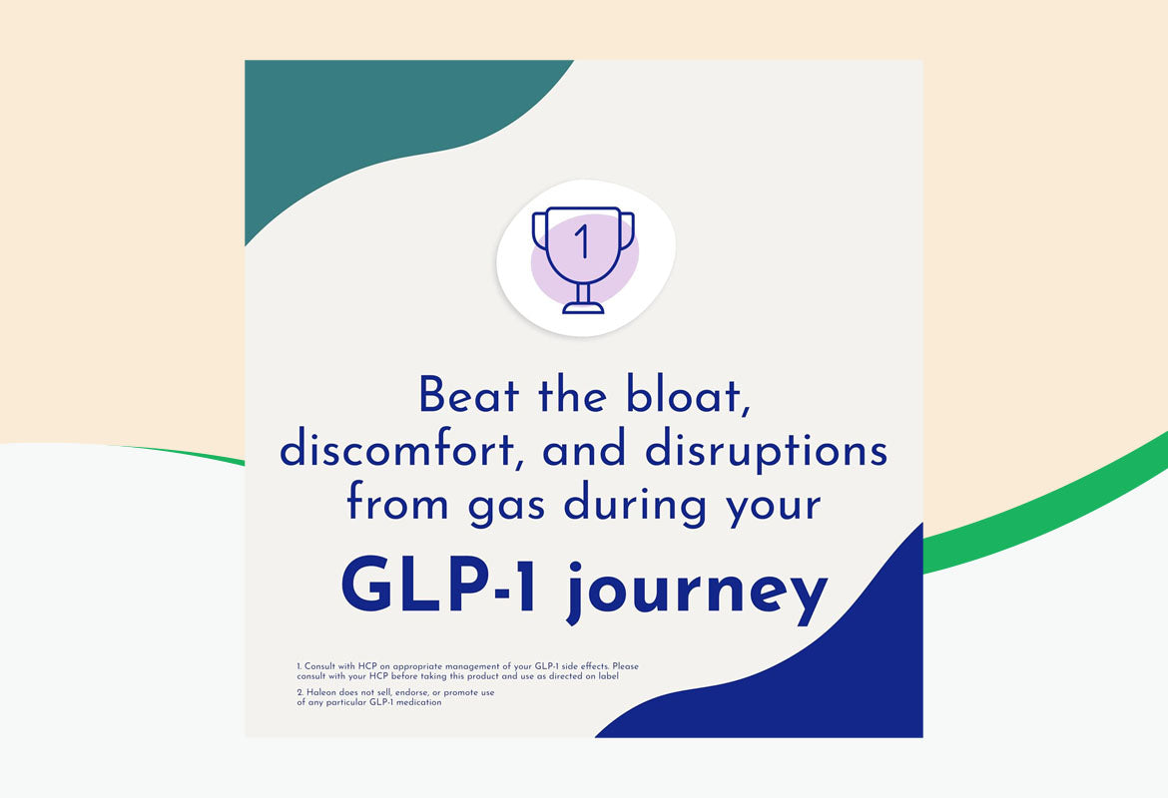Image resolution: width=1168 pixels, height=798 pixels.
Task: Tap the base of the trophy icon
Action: (583, 307)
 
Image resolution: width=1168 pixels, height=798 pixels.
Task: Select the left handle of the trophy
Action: (539, 230)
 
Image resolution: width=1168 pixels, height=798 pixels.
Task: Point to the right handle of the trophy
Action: (627, 230)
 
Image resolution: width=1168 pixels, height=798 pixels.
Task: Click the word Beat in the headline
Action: (468, 395)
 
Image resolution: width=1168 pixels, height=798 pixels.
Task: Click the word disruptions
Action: (766, 451)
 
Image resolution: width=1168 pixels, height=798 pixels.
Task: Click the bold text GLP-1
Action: (438, 587)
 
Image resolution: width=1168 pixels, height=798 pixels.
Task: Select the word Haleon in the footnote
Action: (321, 692)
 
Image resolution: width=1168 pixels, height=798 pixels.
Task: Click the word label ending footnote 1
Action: (609, 676)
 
